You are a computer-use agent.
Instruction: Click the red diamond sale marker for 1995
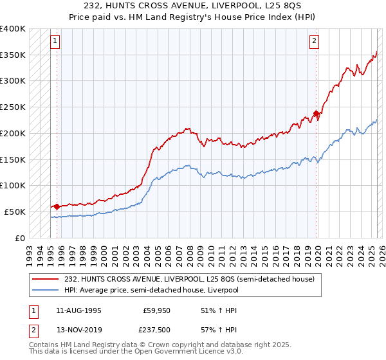pyautogui.click(x=57, y=206)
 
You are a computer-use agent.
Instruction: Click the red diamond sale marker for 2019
pyautogui.click(x=316, y=114)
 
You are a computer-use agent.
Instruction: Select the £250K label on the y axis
pyautogui.click(x=12, y=107)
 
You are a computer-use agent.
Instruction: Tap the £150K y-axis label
pyautogui.click(x=12, y=159)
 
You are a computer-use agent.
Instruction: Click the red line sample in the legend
pyautogui.click(x=46, y=279)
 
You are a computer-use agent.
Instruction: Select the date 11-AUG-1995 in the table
pyautogui.click(x=78, y=310)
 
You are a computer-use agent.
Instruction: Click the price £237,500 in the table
pyautogui.click(x=156, y=330)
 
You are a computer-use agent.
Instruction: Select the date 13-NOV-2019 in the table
pyautogui.click(x=78, y=330)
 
